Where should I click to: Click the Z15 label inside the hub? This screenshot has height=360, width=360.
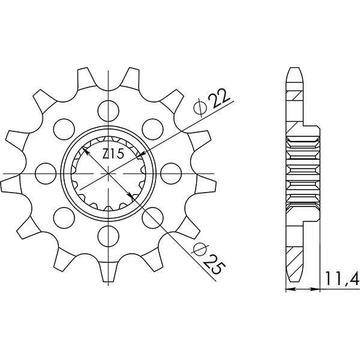113,155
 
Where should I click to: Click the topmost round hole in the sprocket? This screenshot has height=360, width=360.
109,109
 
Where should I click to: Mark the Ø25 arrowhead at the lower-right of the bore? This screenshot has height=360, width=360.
132,196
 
